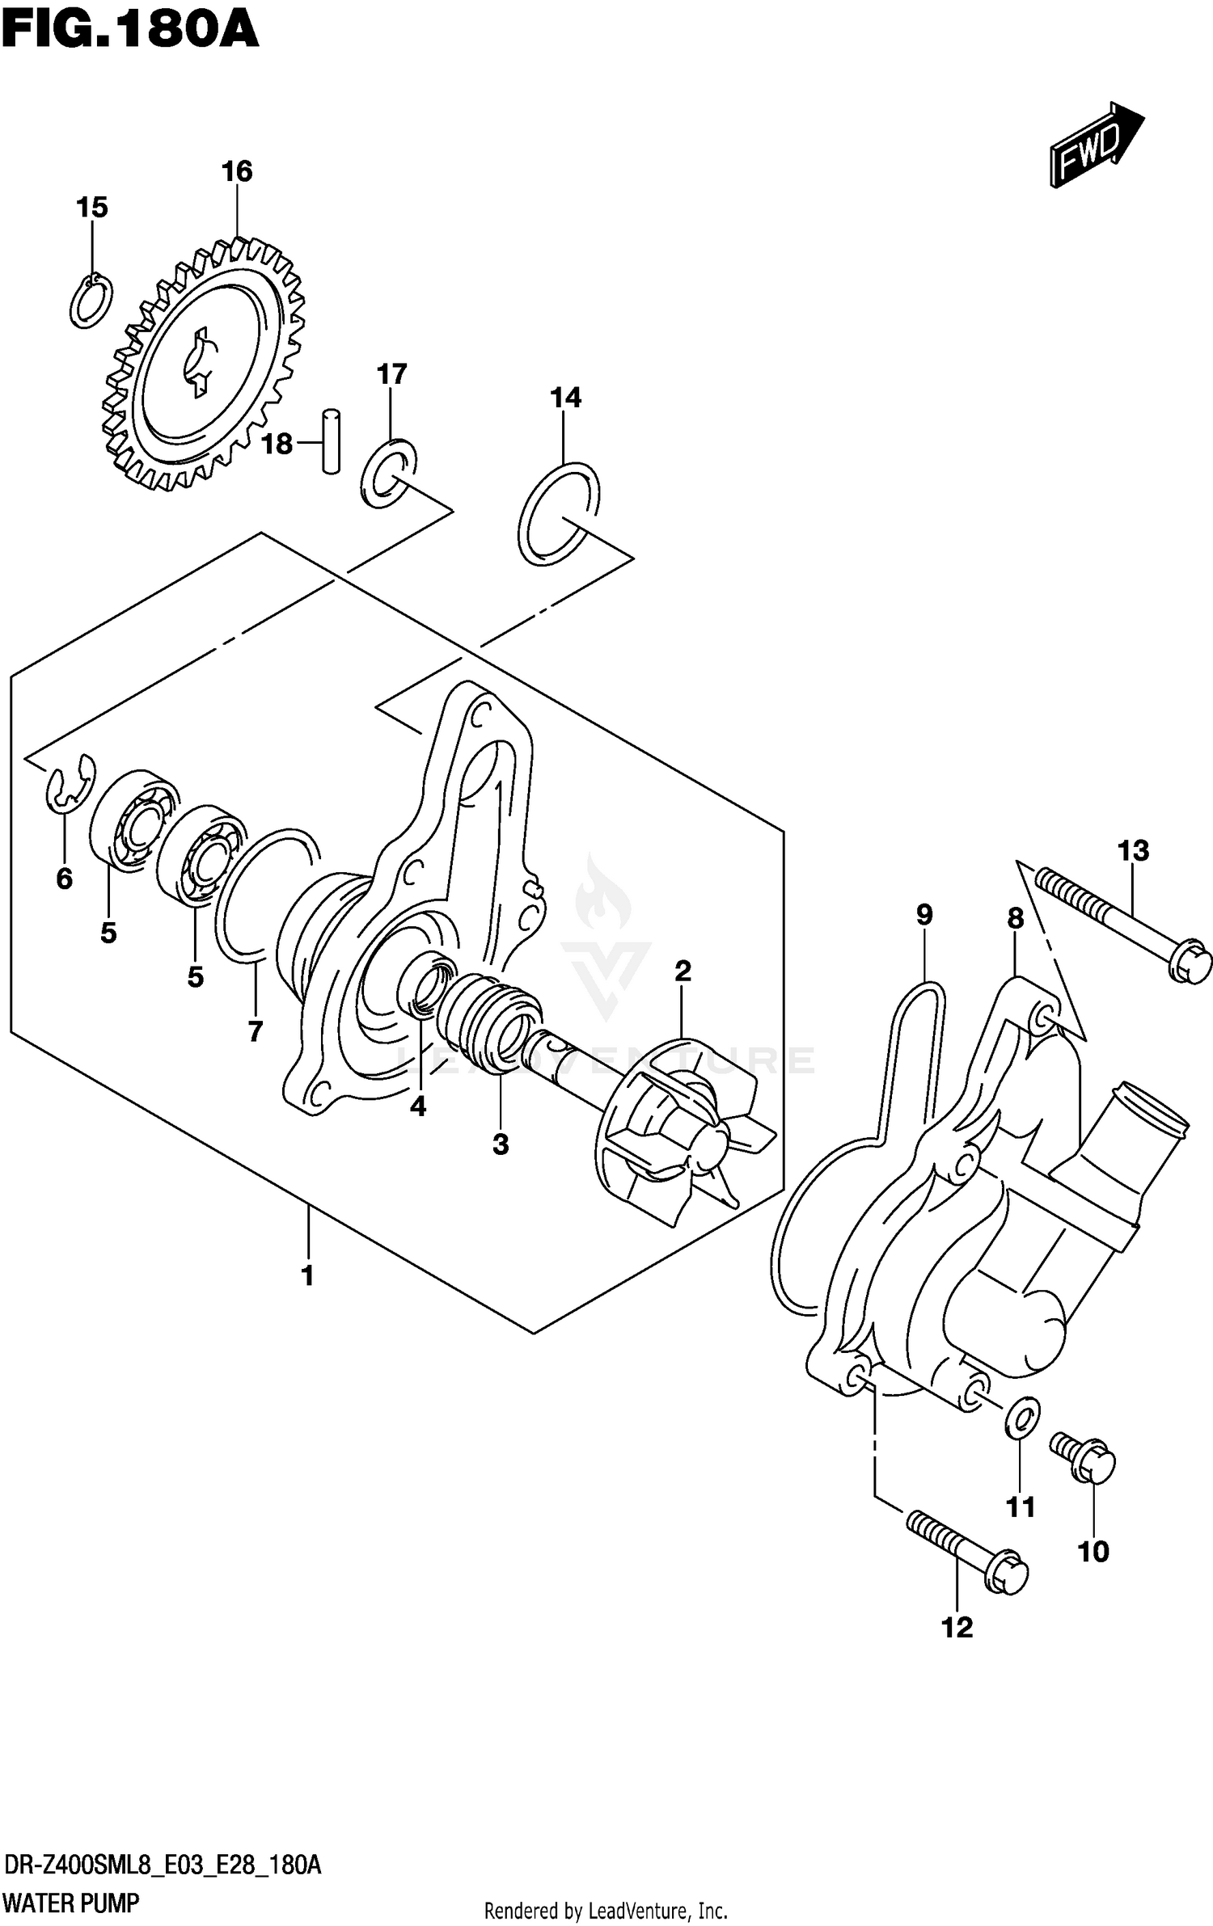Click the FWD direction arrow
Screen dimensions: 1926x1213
tap(1096, 145)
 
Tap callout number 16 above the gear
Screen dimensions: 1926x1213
tap(237, 171)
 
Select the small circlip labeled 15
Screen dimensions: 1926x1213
tap(91, 301)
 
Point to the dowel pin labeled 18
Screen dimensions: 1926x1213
tap(331, 440)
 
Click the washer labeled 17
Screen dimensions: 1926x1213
tap(389, 474)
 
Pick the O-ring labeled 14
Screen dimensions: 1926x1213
tap(558, 513)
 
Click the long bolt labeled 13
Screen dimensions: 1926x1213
tap(1124, 921)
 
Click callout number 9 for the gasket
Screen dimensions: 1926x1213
tap(924, 915)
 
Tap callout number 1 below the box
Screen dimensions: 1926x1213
tap(307, 1276)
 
